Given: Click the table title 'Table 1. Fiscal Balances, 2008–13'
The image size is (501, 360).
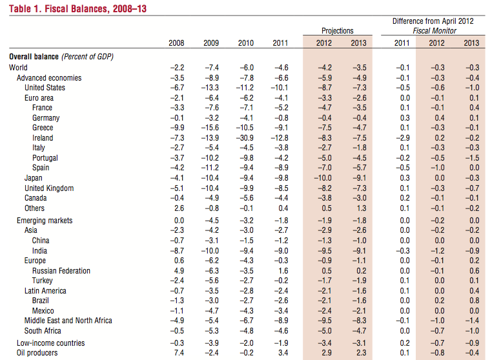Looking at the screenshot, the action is tap(77, 8).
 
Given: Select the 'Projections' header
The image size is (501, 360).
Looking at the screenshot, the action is tap(338, 30).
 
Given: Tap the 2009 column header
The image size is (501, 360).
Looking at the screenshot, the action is tap(211, 43).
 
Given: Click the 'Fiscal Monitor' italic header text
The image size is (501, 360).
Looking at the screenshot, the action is tap(435, 30).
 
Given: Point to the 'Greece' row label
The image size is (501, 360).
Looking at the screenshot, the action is tap(43, 128).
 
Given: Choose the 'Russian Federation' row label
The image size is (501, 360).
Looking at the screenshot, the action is tap(61, 270).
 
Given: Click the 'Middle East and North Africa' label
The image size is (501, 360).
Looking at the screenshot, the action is tap(68, 321).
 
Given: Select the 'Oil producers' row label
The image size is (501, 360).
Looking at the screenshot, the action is tap(37, 353).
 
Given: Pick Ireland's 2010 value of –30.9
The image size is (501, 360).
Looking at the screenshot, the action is tap(245, 138).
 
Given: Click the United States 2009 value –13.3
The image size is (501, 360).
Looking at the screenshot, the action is tap(210, 88).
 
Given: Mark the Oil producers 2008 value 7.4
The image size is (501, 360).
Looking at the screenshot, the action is tap(179, 353).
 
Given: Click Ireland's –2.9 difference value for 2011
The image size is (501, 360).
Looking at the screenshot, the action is tap(403, 138).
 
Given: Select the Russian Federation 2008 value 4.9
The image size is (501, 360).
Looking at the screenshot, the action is tap(179, 270).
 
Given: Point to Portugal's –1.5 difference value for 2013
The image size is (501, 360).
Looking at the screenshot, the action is tap(472, 158).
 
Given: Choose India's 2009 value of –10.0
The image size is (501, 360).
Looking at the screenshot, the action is tap(210, 251).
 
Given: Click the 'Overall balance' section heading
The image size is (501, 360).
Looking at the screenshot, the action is tap(34, 57).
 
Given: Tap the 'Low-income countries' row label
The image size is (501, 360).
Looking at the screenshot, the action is tap(51, 343).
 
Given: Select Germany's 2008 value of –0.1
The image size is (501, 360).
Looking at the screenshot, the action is tap(177, 118).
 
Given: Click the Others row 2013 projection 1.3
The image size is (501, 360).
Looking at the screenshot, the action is tap(361, 208).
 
